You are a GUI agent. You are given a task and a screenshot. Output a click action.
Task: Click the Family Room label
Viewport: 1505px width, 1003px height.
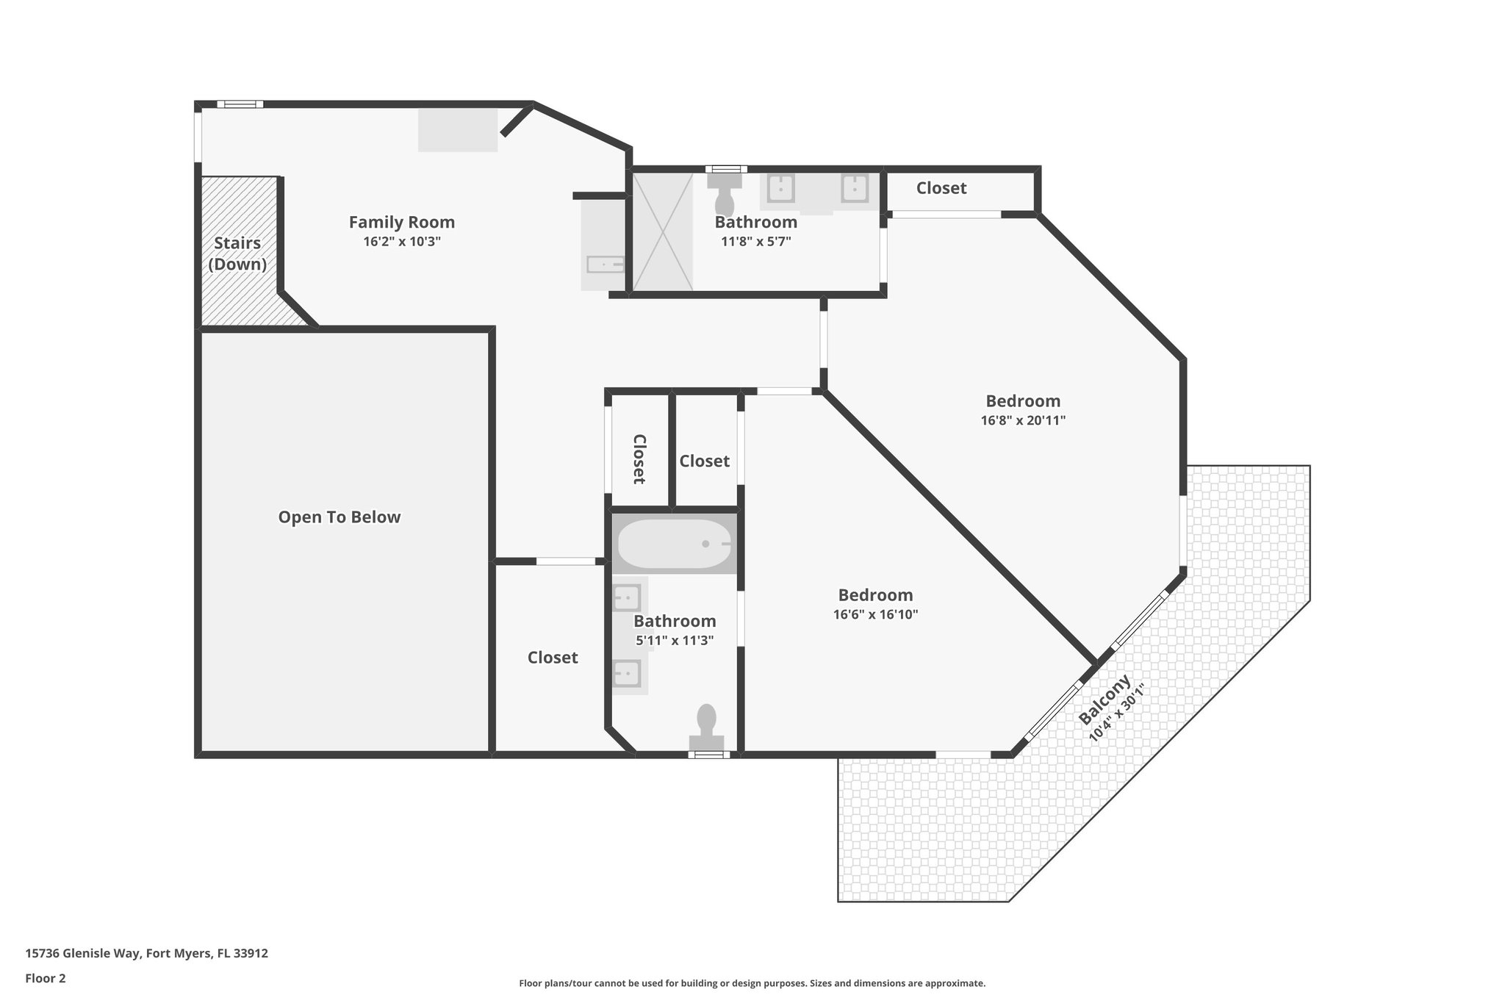point(401,222)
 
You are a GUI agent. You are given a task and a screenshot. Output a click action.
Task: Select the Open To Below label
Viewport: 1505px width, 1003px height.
point(339,517)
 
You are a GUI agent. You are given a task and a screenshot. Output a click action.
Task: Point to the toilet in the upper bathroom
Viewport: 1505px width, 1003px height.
point(725,195)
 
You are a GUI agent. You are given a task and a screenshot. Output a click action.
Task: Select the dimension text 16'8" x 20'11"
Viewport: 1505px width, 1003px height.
point(1022,421)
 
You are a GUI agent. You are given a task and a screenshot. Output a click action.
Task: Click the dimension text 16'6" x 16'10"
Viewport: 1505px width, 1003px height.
point(875,615)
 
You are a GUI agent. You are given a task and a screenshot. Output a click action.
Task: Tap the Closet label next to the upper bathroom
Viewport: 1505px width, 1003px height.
point(941,188)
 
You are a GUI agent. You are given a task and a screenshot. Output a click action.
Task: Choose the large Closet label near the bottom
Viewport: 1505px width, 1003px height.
point(553,658)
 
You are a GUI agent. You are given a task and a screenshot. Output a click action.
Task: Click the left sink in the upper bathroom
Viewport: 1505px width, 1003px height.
point(780,189)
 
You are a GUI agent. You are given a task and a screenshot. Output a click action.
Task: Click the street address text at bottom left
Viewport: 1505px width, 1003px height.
point(146,954)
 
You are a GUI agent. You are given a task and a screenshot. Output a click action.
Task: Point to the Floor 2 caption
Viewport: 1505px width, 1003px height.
point(46,978)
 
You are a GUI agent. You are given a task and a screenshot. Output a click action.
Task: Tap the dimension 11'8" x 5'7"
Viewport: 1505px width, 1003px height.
point(755,241)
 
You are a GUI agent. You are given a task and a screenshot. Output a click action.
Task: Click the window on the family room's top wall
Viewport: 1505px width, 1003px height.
point(240,104)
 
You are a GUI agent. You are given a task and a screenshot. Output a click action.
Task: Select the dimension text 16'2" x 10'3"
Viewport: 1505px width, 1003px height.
point(401,242)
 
